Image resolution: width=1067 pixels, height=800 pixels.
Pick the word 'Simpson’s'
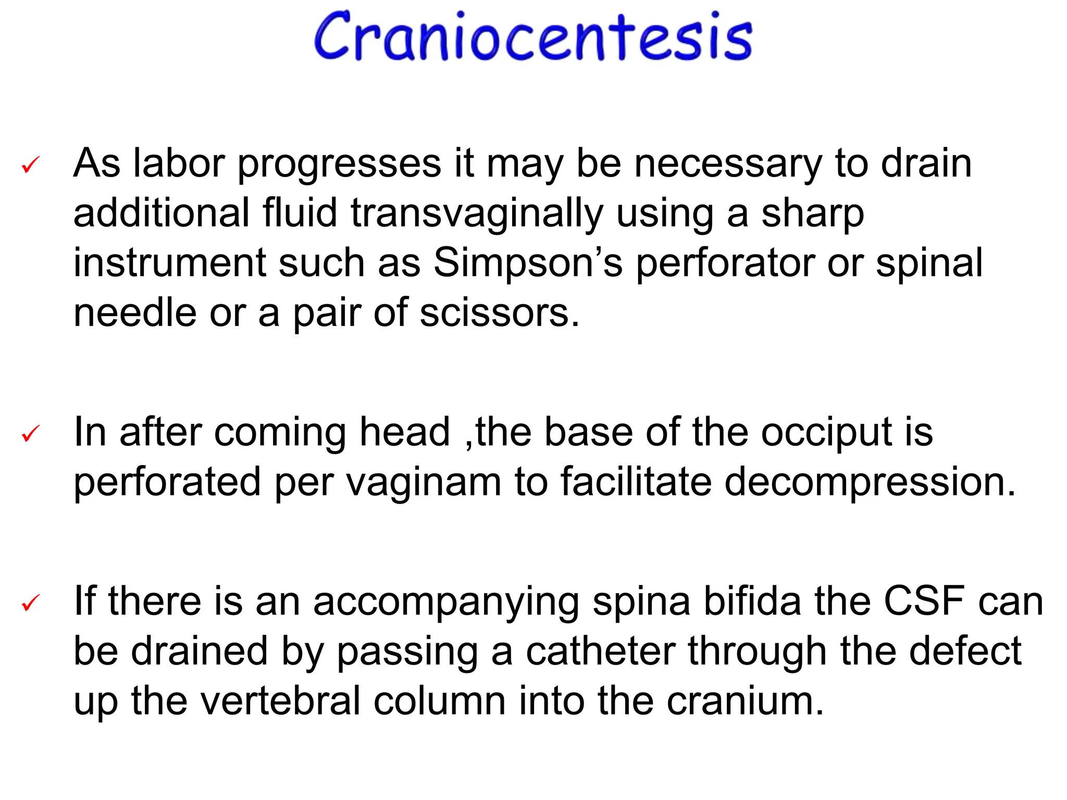click(x=528, y=263)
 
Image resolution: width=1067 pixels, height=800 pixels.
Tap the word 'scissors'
click(x=499, y=313)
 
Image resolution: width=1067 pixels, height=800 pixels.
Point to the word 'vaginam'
click(x=423, y=482)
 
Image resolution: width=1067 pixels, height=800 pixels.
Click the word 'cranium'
click(x=745, y=701)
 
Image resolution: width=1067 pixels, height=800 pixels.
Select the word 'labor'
click(x=179, y=164)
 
